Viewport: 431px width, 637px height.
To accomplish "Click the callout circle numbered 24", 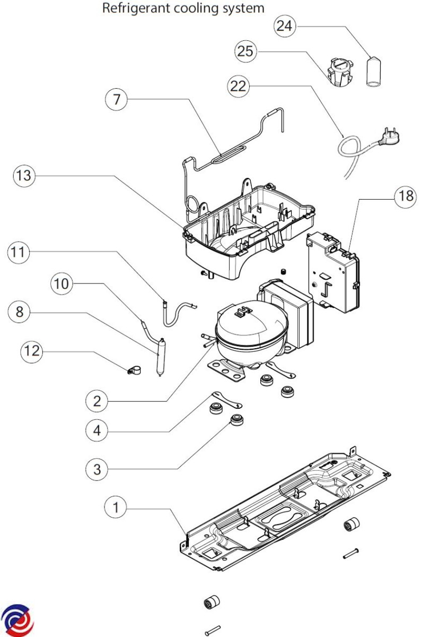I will click(285, 27).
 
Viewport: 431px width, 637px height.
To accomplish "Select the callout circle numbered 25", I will click(245, 52).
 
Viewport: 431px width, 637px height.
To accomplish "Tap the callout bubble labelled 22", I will click(238, 86).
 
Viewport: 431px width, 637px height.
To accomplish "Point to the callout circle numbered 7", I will click(117, 99).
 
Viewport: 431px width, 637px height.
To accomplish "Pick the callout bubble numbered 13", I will click(24, 175).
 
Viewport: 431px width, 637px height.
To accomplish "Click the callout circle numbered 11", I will click(19, 252).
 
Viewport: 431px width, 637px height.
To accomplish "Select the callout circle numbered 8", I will click(20, 312).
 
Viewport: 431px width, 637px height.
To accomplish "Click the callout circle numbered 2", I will click(96, 401).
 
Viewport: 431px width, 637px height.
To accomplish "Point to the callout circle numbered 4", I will click(96, 431).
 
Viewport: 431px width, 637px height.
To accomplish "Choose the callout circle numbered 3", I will click(96, 469).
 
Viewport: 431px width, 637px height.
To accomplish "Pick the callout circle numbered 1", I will click(116, 507).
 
